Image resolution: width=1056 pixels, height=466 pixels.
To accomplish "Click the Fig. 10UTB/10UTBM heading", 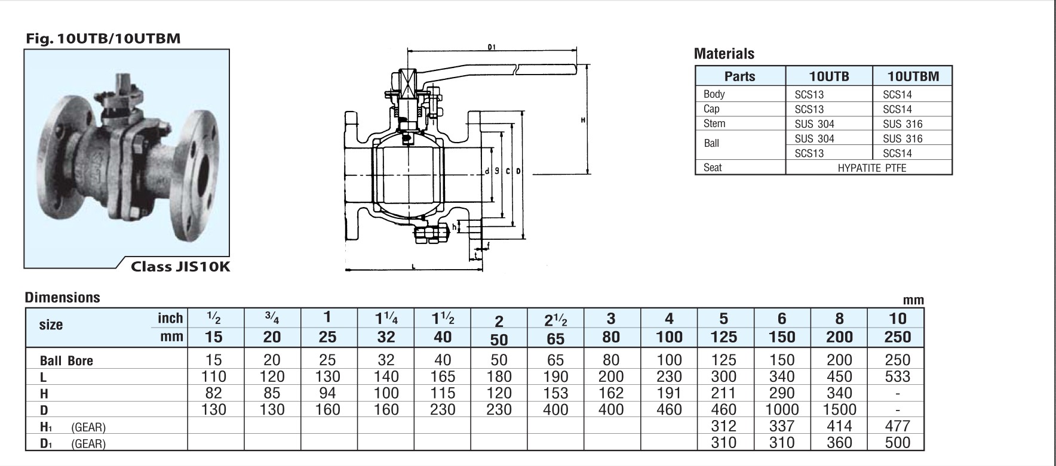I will (103, 39).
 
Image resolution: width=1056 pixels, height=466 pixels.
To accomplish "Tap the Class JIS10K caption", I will (180, 267).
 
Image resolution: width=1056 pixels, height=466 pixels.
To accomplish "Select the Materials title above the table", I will (724, 54).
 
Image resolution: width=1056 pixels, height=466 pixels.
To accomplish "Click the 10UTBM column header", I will (913, 76).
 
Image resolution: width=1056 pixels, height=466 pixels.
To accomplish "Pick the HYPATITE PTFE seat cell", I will (871, 168).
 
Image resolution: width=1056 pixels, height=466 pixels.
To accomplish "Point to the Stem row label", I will (714, 124).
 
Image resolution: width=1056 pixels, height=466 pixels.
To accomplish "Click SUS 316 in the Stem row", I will (902, 124).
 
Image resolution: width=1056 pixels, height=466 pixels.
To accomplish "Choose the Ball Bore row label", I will (66, 361).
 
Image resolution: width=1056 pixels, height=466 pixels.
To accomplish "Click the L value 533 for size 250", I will (898, 376).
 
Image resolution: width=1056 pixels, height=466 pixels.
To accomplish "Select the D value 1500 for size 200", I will (839, 409).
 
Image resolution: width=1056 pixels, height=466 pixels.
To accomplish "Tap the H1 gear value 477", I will (898, 425).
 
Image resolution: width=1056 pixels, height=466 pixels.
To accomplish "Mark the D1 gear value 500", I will (898, 442).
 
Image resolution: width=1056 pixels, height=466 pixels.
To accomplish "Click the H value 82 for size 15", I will (213, 393).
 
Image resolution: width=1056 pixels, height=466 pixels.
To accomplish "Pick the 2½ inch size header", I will (555, 320).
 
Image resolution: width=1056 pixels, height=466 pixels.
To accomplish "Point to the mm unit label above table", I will (913, 300).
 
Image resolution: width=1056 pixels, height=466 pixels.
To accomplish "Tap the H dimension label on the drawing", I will (583, 121).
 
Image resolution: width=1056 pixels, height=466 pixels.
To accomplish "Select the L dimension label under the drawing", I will (413, 265).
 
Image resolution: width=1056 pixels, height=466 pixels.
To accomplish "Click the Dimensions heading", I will (63, 297).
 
